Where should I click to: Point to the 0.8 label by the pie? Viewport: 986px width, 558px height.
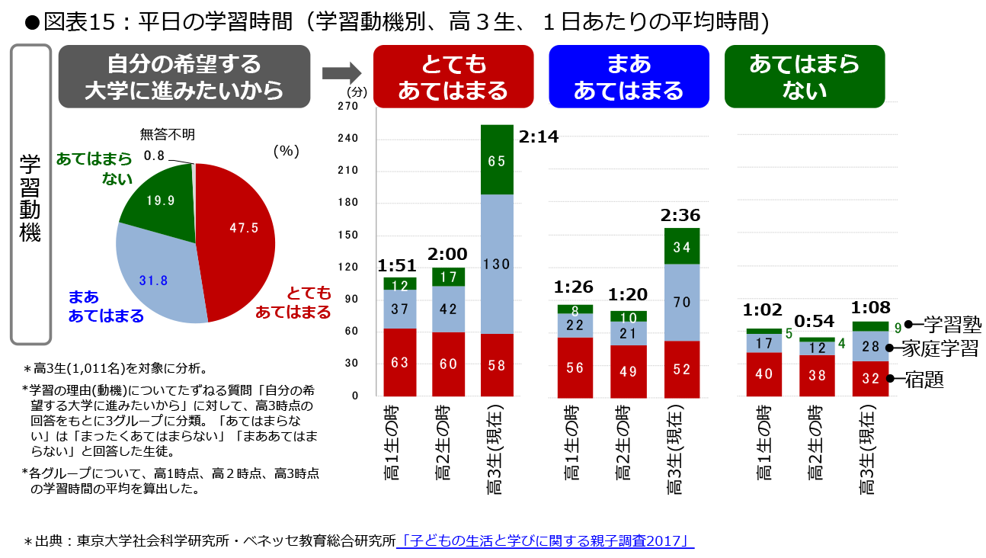click(x=154, y=156)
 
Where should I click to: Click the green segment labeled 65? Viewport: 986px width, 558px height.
click(x=497, y=161)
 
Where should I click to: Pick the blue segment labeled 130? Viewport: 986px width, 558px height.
click(x=497, y=264)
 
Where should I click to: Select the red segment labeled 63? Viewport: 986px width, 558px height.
click(x=399, y=363)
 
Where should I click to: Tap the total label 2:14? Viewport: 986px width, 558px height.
click(x=538, y=137)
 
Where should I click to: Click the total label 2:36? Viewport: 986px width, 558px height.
click(x=680, y=215)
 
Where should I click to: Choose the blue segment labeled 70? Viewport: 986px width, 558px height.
click(x=682, y=303)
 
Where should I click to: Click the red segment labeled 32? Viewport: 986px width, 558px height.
click(x=869, y=378)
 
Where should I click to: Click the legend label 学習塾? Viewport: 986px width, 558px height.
click(x=952, y=325)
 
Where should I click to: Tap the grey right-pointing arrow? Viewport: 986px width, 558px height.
click(x=341, y=74)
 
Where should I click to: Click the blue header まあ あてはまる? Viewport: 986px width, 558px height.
click(x=629, y=77)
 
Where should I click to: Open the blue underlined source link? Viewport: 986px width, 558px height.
click(x=546, y=541)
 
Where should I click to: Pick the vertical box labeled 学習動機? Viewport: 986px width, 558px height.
click(x=30, y=194)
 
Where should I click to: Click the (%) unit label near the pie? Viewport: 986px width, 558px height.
click(x=285, y=151)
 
